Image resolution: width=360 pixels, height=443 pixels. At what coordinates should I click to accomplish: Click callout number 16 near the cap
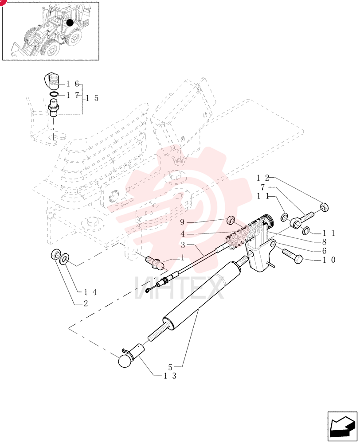coord(73,84)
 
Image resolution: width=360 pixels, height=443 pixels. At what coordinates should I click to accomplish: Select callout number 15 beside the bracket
coord(92,98)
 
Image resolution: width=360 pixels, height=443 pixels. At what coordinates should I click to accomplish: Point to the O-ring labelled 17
coord(54,94)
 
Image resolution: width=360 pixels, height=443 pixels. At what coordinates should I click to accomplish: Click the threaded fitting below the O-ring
coord(54,108)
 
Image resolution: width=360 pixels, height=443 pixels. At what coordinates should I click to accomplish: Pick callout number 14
coord(90,292)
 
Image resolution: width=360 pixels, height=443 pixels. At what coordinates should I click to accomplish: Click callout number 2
coord(86,303)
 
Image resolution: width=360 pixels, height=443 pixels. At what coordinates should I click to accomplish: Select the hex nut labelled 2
coord(55,254)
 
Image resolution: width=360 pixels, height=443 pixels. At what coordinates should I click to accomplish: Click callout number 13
coord(170,376)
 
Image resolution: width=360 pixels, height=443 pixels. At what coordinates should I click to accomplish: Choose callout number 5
coord(170,367)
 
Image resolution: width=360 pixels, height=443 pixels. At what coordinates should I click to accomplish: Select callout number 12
coord(262,178)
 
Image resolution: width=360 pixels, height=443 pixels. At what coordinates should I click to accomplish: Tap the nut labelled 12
coord(324,207)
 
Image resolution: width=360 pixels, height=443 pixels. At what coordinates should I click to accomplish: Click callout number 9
coord(182,222)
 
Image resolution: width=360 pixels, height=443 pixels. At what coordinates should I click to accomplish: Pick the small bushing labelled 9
coord(232,219)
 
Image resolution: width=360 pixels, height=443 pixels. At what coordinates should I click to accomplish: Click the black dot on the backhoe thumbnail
coord(70,23)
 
